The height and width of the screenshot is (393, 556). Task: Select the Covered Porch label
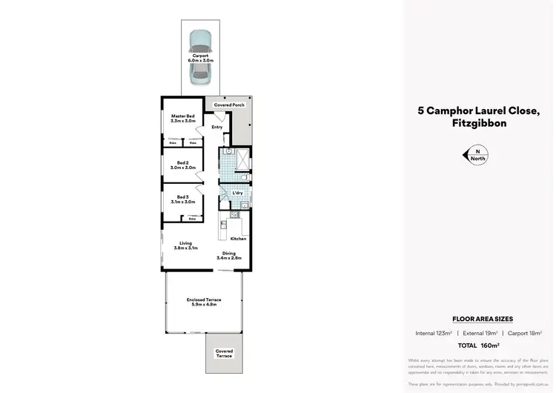pos(229,105)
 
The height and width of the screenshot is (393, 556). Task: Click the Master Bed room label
pos(182,118)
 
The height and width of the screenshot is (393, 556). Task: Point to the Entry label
pos(216,128)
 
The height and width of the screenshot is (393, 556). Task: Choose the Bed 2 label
pos(183,165)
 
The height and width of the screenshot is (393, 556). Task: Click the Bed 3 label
pos(183,199)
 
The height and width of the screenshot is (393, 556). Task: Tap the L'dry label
pos(237,193)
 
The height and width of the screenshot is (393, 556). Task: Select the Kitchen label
pos(238,239)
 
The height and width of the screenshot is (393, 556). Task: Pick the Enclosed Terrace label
pos(203,301)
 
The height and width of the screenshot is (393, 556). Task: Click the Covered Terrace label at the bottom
pos(224,353)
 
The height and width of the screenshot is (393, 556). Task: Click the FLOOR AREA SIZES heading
pos(477,319)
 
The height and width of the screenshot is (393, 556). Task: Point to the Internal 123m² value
pos(434,334)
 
